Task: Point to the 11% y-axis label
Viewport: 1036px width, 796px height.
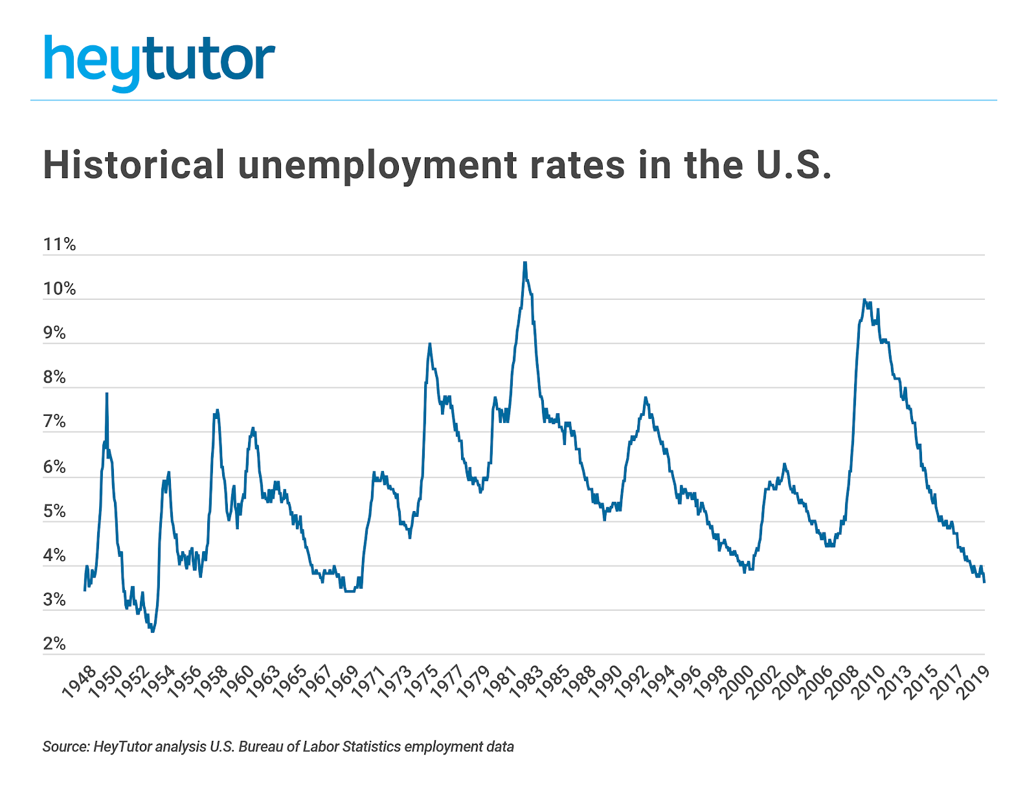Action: point(60,245)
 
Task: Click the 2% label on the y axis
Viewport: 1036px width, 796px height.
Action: point(54,644)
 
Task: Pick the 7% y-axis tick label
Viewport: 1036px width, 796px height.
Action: point(54,422)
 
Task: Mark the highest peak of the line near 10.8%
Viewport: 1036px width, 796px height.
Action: point(525,263)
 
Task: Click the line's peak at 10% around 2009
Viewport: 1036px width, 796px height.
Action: point(864,300)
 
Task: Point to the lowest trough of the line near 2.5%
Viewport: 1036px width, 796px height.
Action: point(153,631)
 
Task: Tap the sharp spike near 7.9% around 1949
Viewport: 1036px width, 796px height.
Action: point(107,394)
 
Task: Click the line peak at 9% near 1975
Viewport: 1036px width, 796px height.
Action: point(429,344)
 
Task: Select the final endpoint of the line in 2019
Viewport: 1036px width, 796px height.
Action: point(984,582)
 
